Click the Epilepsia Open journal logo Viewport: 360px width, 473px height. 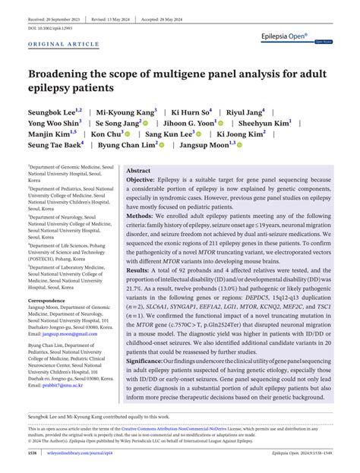pos(304,35)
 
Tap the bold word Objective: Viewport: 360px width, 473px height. pos(144,181)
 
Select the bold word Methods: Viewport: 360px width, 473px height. pos(141,216)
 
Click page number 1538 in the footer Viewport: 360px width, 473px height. pos(32,453)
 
